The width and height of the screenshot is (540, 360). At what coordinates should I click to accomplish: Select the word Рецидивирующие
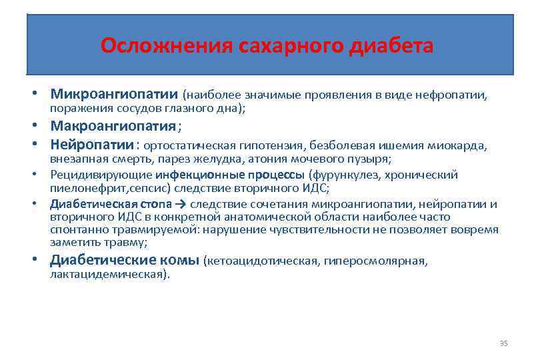click(x=101, y=175)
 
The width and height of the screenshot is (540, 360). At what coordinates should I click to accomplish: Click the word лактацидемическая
click(x=110, y=275)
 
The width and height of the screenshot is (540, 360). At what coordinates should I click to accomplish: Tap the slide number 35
click(x=503, y=343)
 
